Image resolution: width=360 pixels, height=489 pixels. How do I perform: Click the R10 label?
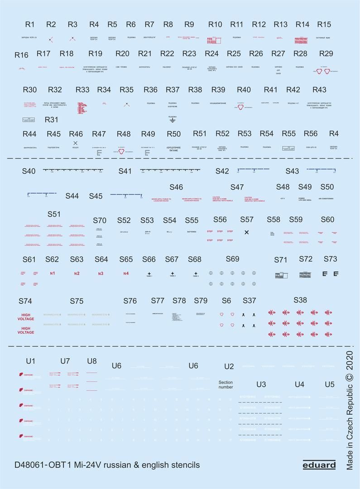coord(215,24)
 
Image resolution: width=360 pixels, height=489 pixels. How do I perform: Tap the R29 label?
coord(326,53)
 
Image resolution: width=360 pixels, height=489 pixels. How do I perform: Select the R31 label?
coord(52,120)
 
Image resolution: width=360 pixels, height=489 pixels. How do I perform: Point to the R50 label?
coord(174,134)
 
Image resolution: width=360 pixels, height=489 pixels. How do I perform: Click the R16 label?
coord(21,55)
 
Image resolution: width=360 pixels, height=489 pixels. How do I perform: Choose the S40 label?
coord(29,171)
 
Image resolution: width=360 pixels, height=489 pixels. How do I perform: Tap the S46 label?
coord(176,187)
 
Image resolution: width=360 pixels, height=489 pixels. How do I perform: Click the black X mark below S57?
coord(247,232)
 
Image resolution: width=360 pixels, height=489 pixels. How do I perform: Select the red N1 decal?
coord(52,273)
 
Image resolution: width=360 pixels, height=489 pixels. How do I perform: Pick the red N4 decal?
coord(126,273)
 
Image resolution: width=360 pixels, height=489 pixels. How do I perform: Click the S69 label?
coord(232,259)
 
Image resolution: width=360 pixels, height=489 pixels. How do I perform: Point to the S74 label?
coord(25,301)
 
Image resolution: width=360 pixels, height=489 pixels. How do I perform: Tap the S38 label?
coord(300,300)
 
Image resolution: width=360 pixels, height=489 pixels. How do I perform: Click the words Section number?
coord(226,384)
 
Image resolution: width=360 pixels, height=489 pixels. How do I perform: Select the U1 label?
coord(30,361)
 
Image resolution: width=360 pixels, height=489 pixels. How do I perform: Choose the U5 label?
coord(330,384)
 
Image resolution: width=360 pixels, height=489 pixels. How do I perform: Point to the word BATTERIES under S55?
coord(192,232)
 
